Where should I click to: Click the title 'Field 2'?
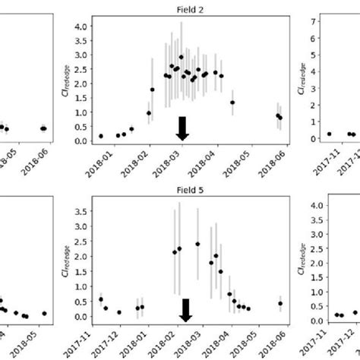pos(181,6)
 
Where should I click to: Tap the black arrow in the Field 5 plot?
pos(185,309)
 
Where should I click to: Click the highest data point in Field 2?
pos(181,57)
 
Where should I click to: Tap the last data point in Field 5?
pos(280,303)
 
